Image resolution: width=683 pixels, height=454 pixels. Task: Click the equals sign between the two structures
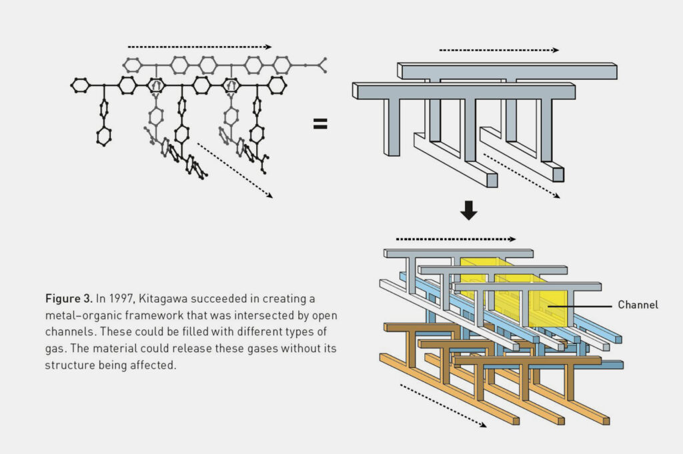(320, 123)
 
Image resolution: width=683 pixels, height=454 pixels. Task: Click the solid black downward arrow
(469, 211)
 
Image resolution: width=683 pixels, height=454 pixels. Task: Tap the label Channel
(638, 305)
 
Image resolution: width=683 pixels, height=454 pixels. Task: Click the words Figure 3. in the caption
(68, 298)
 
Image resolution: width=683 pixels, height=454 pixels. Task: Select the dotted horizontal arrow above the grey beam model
(499, 50)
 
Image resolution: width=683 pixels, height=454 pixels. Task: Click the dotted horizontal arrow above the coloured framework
(456, 239)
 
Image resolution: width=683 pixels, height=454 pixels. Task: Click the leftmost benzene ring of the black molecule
(80, 85)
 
